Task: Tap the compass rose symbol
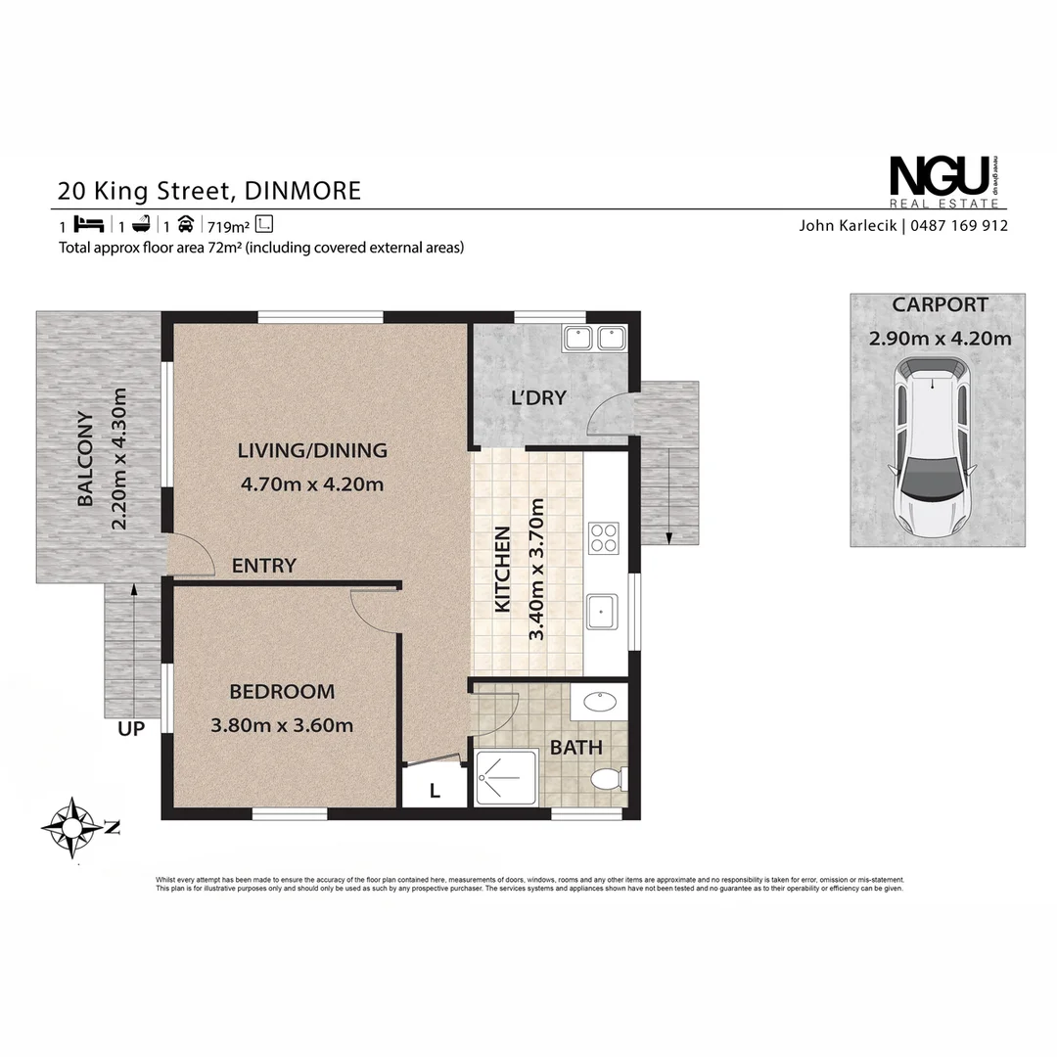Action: pyautogui.click(x=71, y=827)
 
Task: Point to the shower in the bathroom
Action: pyautogui.click(x=505, y=777)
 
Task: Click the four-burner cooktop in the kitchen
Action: pyautogui.click(x=603, y=537)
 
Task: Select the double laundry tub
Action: pyautogui.click(x=594, y=339)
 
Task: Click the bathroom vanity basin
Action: pyautogui.click(x=597, y=702)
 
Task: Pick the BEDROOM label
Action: pyautogui.click(x=282, y=692)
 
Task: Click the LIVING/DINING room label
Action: pyautogui.click(x=312, y=451)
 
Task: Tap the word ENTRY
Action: pyautogui.click(x=263, y=566)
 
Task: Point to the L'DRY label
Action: pyautogui.click(x=539, y=398)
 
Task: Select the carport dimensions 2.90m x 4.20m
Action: pyautogui.click(x=940, y=340)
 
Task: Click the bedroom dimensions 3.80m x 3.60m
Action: pyautogui.click(x=282, y=725)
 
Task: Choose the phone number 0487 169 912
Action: pyautogui.click(x=959, y=225)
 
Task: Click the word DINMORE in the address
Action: pyautogui.click(x=303, y=189)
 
